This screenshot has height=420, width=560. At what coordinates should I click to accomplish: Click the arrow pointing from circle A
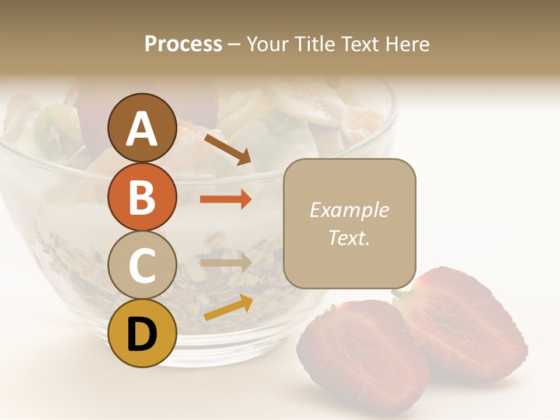[227, 149]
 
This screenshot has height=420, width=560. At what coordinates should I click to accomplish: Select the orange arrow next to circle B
[226, 199]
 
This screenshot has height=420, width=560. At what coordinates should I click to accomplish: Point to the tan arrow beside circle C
[226, 263]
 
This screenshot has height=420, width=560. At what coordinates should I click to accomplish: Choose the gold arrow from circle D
[228, 307]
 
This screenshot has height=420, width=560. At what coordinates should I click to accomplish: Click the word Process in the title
[183, 44]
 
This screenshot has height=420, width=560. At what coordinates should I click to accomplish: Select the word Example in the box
[349, 211]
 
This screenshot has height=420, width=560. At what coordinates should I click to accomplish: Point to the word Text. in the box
[349, 237]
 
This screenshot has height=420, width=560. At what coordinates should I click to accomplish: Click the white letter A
[142, 129]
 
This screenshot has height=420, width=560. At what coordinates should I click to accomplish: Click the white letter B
[142, 197]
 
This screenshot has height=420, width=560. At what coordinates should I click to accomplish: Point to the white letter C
[142, 265]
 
